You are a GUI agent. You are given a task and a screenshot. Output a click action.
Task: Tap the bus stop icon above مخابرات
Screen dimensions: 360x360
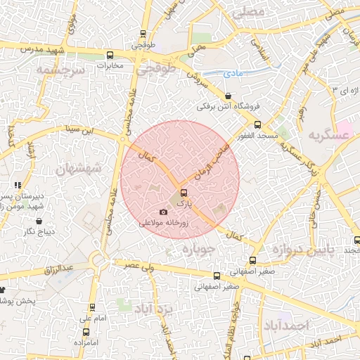coord(109,55)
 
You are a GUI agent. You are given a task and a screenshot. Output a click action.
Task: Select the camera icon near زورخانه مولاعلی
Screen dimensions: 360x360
coord(164,212)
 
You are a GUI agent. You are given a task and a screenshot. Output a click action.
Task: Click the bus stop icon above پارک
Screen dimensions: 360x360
coord(184,192)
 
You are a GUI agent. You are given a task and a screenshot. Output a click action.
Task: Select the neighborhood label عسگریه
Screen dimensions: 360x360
coord(326,134)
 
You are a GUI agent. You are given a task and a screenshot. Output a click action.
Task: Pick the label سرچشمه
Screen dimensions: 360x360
coord(61,71)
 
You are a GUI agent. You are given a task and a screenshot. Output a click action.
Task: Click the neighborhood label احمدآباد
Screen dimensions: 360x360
coord(286,325)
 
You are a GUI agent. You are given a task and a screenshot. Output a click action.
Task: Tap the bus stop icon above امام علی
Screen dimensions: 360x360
coord(91,307)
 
